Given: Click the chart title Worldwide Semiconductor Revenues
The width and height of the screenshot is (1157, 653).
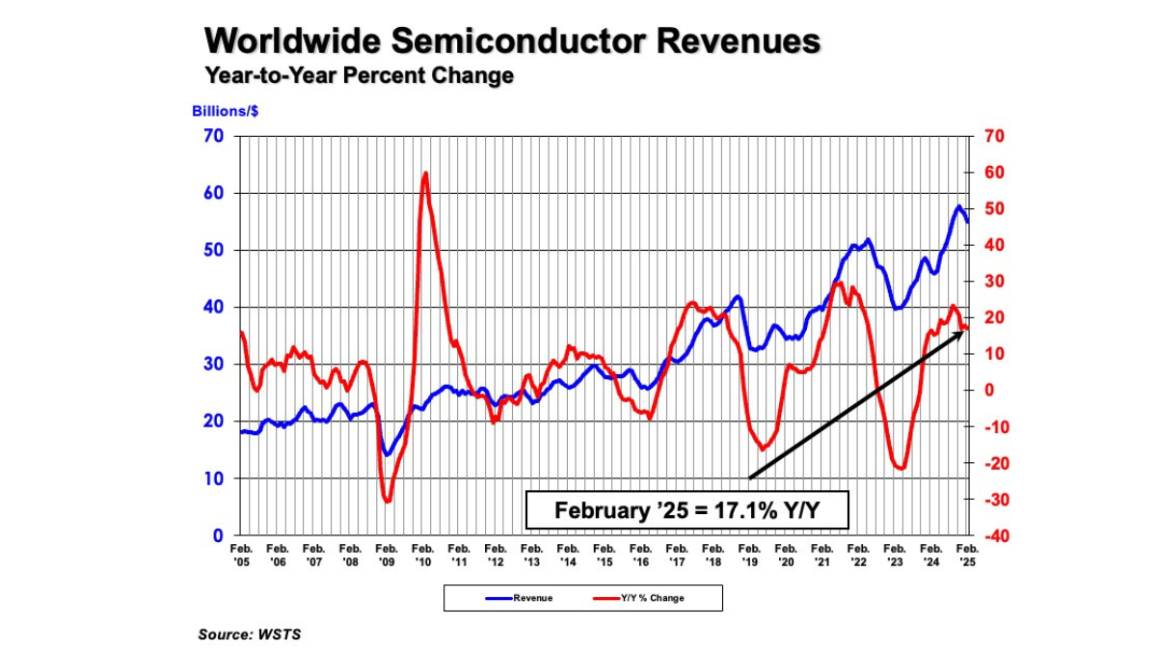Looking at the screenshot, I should click(x=512, y=41).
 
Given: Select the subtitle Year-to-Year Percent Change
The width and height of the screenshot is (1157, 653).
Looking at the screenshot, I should click(x=358, y=75).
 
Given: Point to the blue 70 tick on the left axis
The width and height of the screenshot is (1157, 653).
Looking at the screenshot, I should click(x=213, y=136).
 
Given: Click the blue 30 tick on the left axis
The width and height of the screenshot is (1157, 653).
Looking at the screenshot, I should click(x=213, y=365).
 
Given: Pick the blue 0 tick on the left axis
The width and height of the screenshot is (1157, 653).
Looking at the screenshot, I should click(x=218, y=535).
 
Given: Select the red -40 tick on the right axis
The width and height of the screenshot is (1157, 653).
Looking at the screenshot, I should click(x=992, y=536).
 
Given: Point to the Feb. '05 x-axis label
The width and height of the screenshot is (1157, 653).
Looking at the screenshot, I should click(x=240, y=555).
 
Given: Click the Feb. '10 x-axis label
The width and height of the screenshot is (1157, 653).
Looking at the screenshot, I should click(x=422, y=555).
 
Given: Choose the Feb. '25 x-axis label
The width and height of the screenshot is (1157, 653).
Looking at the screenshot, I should click(x=968, y=555).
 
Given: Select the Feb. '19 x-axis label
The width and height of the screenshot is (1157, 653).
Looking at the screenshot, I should click(x=749, y=555).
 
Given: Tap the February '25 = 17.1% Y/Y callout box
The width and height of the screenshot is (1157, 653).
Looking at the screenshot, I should click(x=686, y=510).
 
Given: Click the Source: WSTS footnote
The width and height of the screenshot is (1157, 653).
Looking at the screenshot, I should click(x=243, y=634).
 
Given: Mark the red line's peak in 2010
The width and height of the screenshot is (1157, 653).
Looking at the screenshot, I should click(x=425, y=174).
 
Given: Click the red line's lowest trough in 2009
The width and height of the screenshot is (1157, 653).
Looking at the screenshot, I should click(x=387, y=501).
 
